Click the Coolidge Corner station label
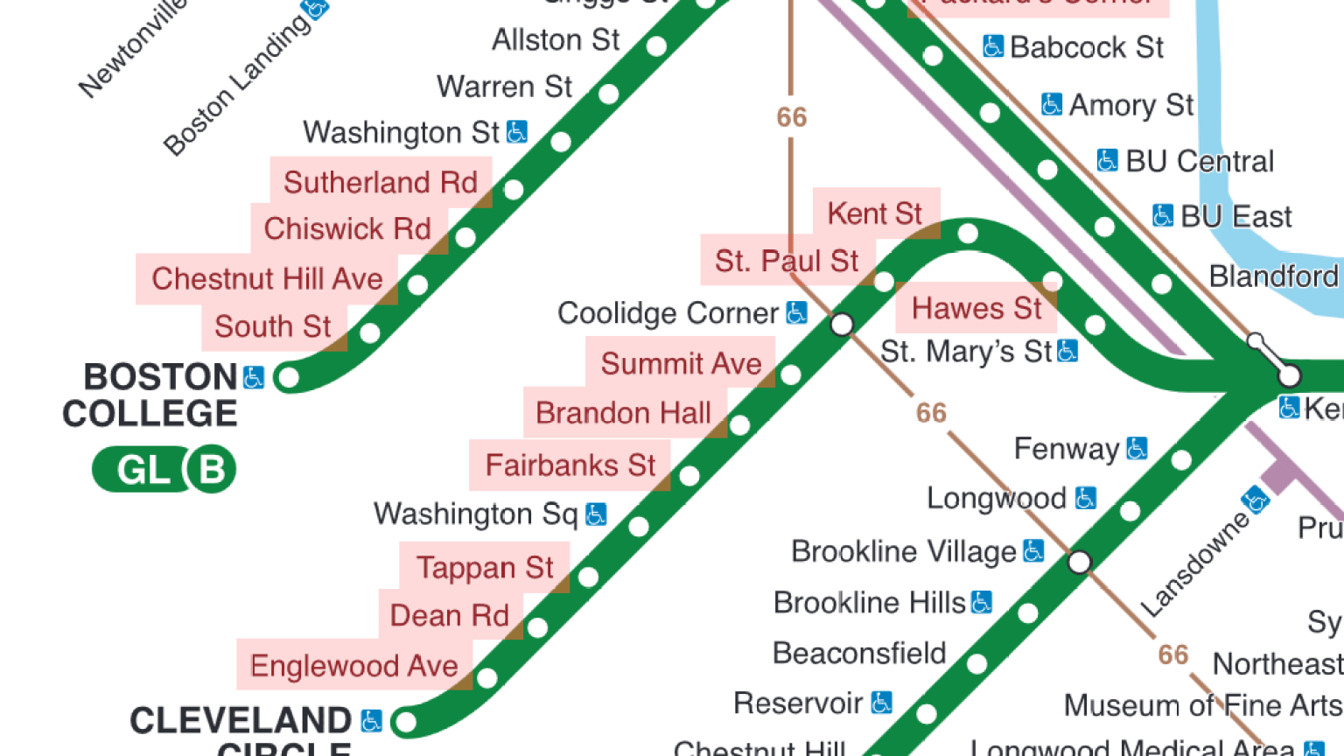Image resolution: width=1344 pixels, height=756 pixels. (x=668, y=313)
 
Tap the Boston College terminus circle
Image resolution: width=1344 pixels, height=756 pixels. (x=287, y=378)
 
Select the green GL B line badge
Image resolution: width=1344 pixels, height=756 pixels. (x=164, y=470)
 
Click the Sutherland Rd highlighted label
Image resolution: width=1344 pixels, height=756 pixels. (x=381, y=182)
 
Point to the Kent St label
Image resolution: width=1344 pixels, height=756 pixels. (x=875, y=213)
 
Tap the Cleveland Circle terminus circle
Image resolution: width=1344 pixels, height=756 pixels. (x=404, y=722)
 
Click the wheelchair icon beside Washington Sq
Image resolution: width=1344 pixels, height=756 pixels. (x=596, y=514)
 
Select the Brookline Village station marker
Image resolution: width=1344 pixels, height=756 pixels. (x=1080, y=562)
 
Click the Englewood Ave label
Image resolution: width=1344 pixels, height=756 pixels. (x=354, y=666)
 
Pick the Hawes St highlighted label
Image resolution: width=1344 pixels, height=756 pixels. (x=976, y=308)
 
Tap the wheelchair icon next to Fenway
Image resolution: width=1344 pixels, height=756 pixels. (x=1137, y=449)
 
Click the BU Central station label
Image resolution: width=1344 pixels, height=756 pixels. (x=1199, y=161)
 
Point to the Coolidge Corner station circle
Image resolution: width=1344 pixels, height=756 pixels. (x=842, y=325)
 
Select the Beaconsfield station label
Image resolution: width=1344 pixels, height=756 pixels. (x=859, y=654)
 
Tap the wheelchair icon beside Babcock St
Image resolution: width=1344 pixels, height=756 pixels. (x=992, y=46)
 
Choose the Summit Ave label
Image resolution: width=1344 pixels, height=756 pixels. (x=681, y=363)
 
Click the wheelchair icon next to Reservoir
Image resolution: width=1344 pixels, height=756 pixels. (x=882, y=703)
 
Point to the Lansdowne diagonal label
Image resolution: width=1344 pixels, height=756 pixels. (x=1195, y=564)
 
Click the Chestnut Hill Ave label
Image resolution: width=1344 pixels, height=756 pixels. (x=267, y=279)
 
